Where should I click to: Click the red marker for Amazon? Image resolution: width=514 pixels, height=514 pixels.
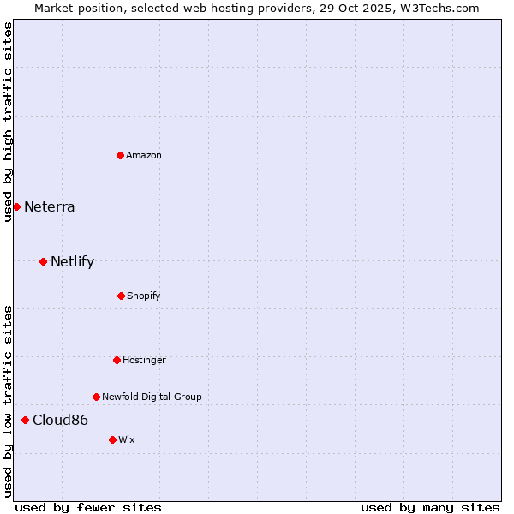pos(120,155)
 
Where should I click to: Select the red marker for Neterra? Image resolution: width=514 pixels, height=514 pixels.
pos(16,206)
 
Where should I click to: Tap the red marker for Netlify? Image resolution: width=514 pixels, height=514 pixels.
pos(43,261)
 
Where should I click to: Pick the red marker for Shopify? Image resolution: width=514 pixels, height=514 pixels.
pos(121,296)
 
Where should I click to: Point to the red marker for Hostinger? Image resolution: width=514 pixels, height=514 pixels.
pos(117,360)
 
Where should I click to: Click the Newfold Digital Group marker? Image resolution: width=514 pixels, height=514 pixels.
pos(96,397)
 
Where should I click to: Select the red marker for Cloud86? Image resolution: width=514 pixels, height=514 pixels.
pos(25,420)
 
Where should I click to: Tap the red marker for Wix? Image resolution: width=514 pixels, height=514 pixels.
pos(112,439)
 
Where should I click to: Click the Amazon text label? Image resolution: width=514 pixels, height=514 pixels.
pos(144,155)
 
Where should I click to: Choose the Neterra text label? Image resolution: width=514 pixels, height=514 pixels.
pos(49,206)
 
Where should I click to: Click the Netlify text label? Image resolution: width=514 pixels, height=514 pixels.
pos(72,261)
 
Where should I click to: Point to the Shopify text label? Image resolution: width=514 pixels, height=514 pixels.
pos(144,296)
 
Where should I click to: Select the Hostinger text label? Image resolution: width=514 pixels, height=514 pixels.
pos(144,360)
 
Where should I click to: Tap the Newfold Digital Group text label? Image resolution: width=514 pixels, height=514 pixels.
pos(152,397)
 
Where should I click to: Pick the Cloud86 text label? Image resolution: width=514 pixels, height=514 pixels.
pos(60,420)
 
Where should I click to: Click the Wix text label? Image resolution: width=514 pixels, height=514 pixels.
pos(127,439)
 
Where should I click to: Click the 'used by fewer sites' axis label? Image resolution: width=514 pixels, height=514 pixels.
pos(88,507)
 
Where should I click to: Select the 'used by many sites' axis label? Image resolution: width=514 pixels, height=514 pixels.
pos(430,507)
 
